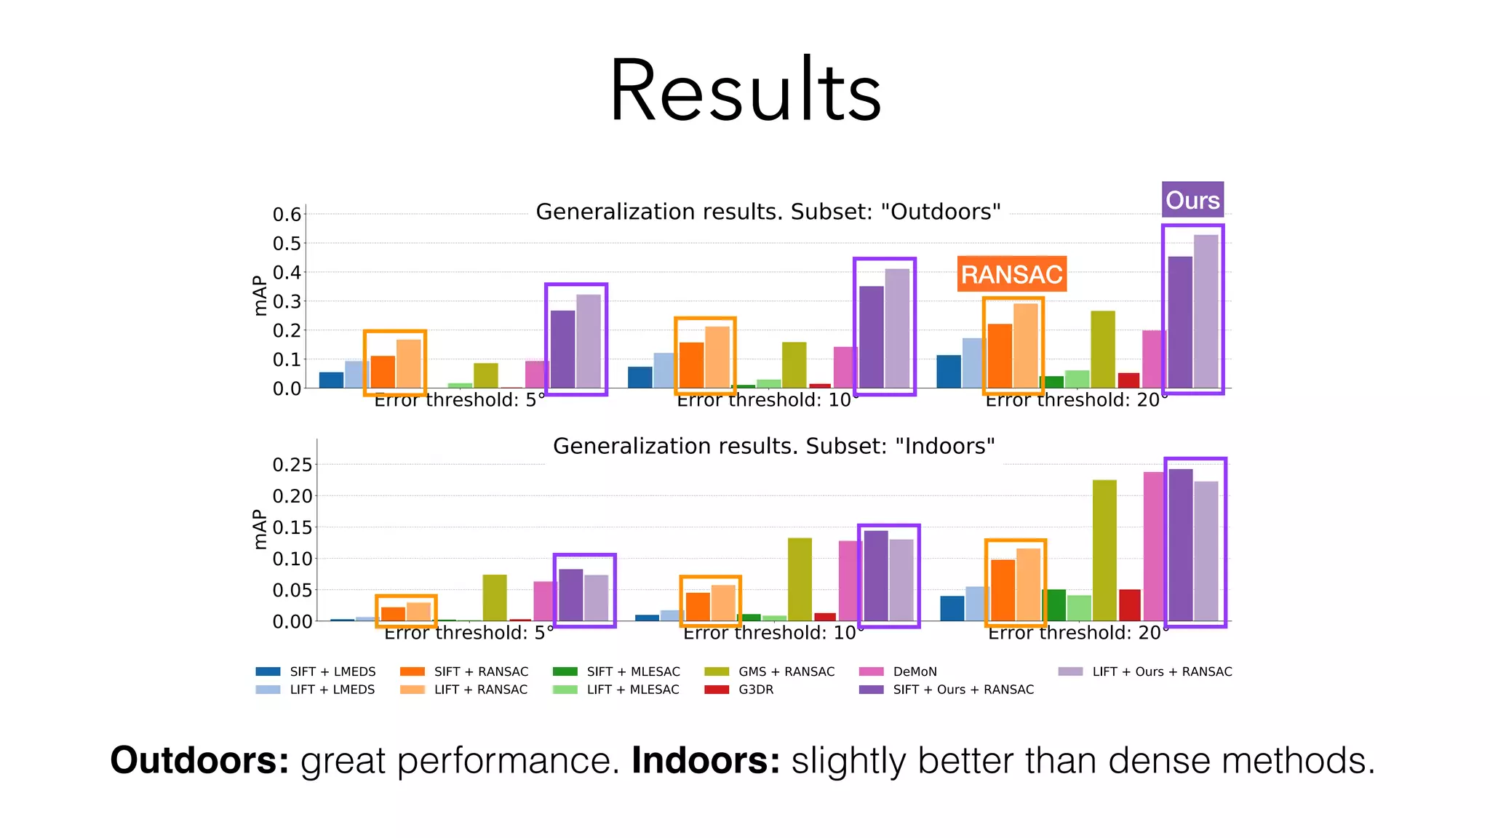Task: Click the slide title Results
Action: (745, 91)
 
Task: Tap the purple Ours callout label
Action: (1192, 200)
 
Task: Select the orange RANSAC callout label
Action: (1011, 274)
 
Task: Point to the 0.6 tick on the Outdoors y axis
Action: (287, 215)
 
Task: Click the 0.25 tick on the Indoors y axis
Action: (292, 465)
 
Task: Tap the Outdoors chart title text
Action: (768, 212)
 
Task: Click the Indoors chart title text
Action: (773, 446)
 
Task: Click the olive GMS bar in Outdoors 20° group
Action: (1102, 349)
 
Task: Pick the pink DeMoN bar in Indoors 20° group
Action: (1154, 546)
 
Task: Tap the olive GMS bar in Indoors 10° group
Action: (800, 579)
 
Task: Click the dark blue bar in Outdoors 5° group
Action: (331, 380)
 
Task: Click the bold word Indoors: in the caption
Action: (705, 761)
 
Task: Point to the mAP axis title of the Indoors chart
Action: (260, 529)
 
